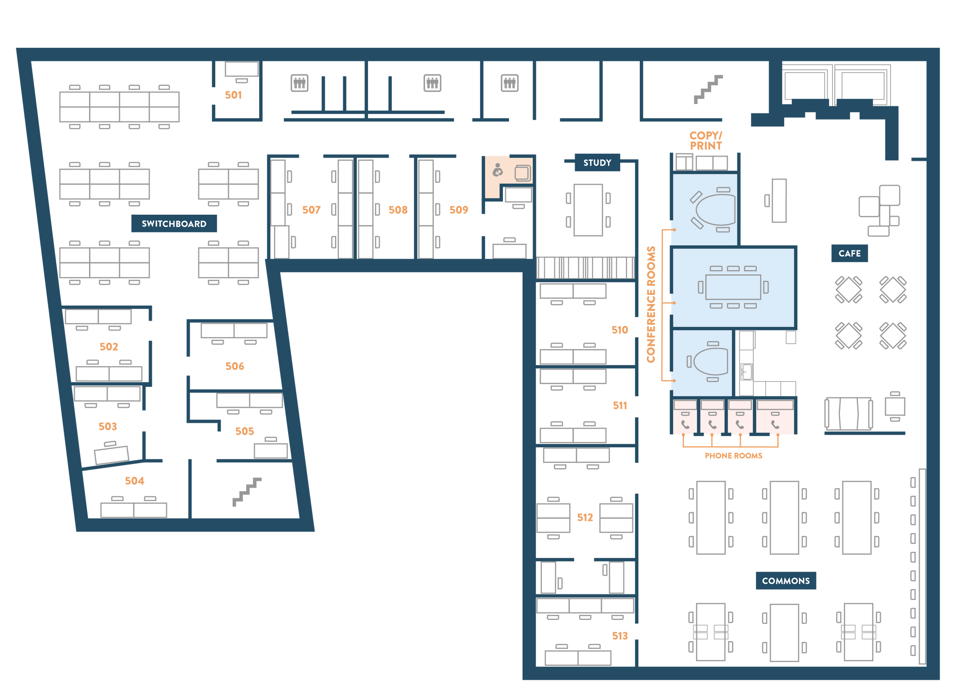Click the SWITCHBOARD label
click(x=174, y=224)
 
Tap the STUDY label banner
click(x=597, y=163)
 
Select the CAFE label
click(x=849, y=253)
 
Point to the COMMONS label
click(x=786, y=581)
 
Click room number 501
click(x=233, y=95)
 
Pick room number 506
click(x=235, y=366)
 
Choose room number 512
click(x=585, y=518)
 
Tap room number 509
click(x=459, y=210)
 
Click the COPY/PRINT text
click(x=705, y=141)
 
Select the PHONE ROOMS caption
click(x=734, y=456)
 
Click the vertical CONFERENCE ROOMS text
click(x=651, y=304)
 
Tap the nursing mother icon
click(x=498, y=170)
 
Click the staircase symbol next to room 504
click(x=247, y=492)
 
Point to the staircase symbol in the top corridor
click(x=708, y=89)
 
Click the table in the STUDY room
click(x=588, y=210)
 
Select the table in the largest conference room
click(x=733, y=287)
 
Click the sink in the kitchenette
click(x=747, y=372)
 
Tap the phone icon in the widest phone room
click(x=775, y=425)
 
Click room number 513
click(x=620, y=636)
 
